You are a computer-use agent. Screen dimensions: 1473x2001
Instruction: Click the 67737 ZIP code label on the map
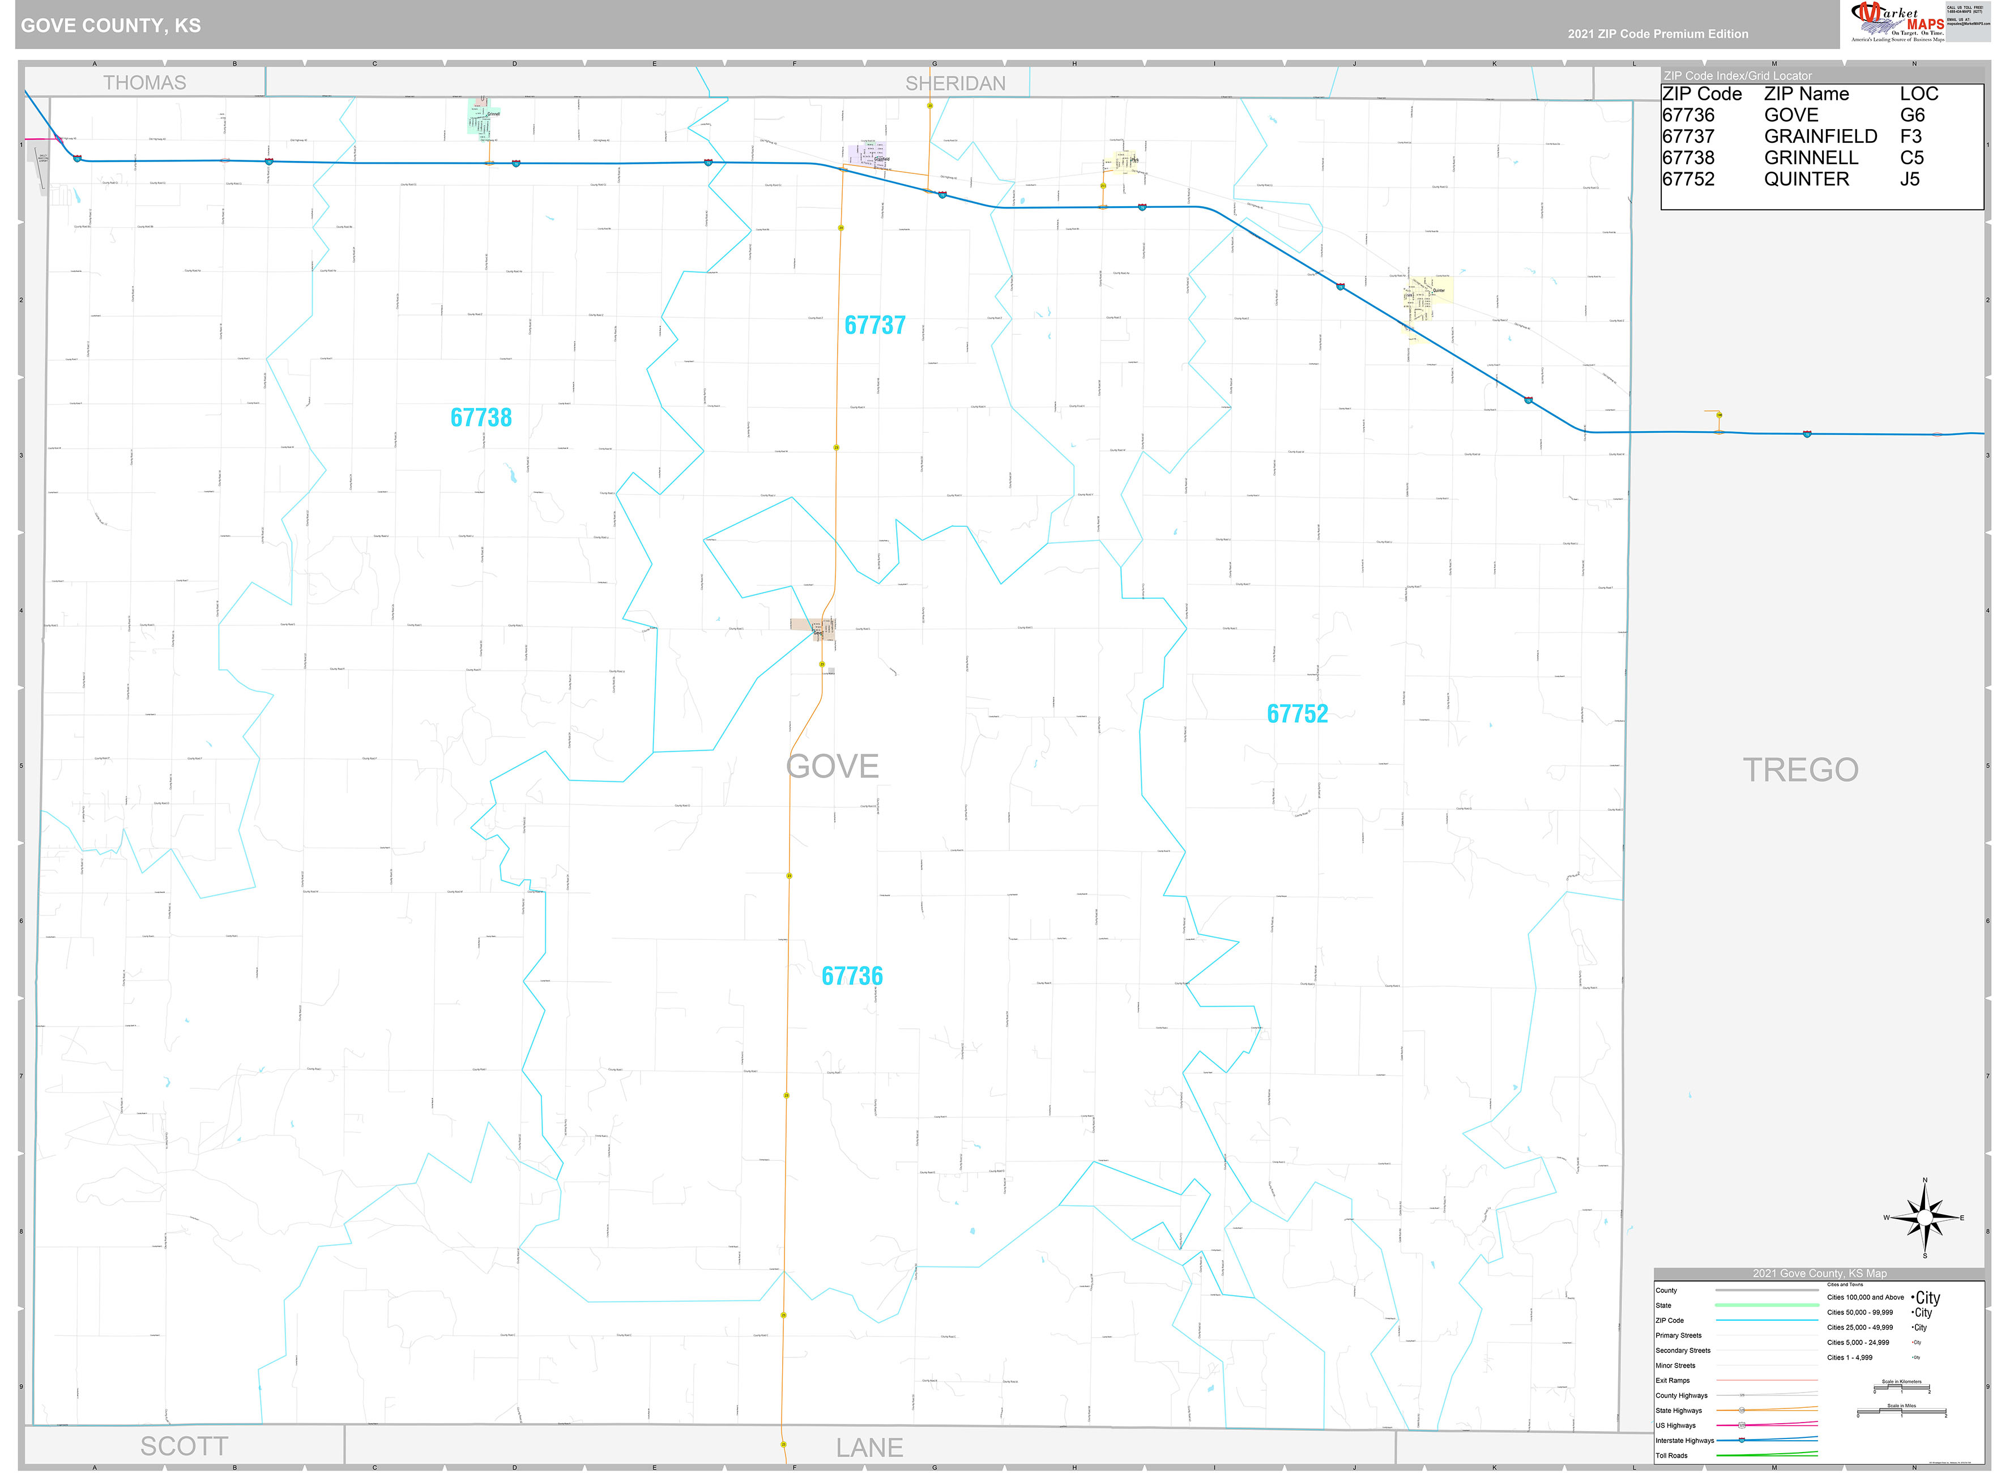point(874,325)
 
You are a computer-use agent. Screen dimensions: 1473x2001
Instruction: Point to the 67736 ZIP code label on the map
point(852,976)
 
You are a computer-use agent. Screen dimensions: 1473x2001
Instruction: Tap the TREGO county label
point(1799,769)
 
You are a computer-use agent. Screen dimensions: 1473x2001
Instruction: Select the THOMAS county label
point(144,83)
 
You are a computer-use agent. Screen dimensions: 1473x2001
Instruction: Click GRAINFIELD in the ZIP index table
point(1820,137)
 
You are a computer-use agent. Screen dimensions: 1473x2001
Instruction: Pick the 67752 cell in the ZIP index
point(1688,179)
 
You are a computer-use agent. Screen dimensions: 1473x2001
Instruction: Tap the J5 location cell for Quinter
point(1909,179)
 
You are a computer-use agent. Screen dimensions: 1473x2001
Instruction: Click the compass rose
point(1925,1218)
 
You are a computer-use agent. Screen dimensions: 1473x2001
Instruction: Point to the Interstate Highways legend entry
point(1684,1440)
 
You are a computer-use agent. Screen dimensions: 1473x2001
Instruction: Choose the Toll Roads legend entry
point(1671,1455)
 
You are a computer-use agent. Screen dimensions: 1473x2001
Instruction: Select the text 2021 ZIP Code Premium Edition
point(1658,34)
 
